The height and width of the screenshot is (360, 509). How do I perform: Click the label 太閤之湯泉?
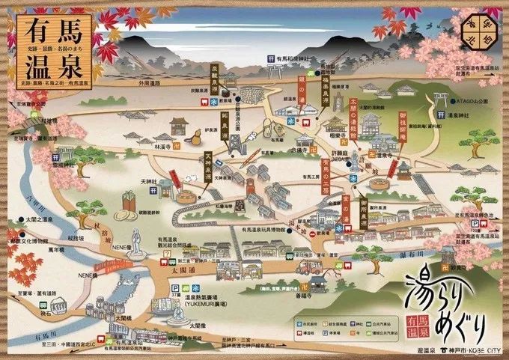pos(37,219)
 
